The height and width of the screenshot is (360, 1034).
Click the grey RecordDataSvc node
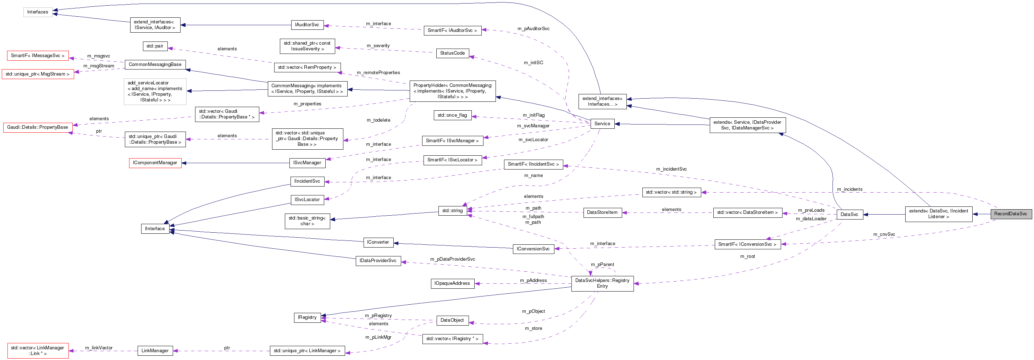pos(1010,214)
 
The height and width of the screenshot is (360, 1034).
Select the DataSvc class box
pos(849,214)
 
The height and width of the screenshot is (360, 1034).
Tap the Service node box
pos(602,124)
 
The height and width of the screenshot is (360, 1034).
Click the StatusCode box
pos(452,53)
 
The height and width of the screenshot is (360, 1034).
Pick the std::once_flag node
pos(452,115)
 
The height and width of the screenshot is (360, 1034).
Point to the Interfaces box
pos(38,12)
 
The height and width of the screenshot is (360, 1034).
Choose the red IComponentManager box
pos(155,163)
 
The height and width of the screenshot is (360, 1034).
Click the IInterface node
pos(155,229)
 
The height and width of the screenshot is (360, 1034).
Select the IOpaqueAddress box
pos(452,283)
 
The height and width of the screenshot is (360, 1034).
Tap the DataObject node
pos(452,320)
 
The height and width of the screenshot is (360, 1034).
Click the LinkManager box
pos(155,351)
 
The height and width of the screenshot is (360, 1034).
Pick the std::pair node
pos(155,46)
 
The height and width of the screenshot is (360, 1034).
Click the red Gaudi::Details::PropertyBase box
pos(38,127)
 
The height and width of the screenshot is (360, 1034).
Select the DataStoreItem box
pos(602,212)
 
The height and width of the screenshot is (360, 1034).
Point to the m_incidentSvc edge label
pos(671,169)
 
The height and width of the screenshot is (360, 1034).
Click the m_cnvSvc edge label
pos(884,234)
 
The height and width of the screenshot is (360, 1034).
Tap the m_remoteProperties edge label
pos(378,73)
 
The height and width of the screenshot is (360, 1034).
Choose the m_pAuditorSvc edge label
pos(533,28)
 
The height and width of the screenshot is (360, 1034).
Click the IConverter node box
pos(378,242)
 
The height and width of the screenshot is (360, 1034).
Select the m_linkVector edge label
pos(99,348)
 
